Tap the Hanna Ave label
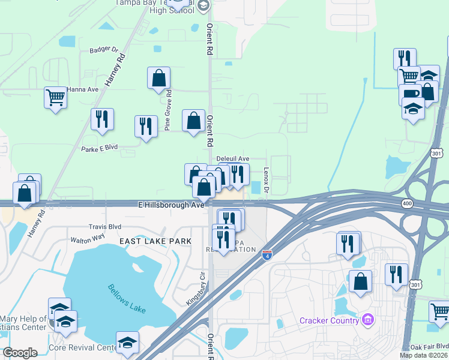pos(83,89)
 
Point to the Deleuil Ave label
pos(232,159)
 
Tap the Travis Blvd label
pos(105,227)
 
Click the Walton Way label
pos(88,238)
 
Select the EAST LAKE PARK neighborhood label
pos(155,241)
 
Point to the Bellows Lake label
pos(127,296)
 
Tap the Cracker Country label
pos(329,319)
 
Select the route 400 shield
pos(408,204)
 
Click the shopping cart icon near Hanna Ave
pos(55,97)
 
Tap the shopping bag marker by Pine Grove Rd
pos(159,78)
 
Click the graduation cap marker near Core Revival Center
pos(127,343)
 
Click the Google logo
pos(20,353)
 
